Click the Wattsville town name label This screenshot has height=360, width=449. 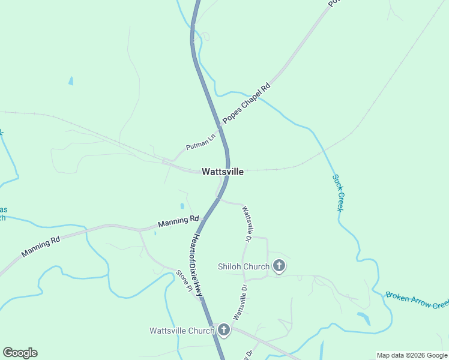point(223,172)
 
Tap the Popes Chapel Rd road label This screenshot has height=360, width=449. point(247,103)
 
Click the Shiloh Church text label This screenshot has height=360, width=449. point(244,265)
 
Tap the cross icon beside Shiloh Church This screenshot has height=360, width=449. point(279,265)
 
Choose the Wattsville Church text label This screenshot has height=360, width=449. point(181,331)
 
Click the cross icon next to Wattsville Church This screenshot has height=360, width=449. point(223,329)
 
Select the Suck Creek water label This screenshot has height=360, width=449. point(338,192)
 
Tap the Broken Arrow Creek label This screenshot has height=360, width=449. point(417,299)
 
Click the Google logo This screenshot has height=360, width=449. point(20,353)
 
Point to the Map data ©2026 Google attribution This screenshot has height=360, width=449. point(412,355)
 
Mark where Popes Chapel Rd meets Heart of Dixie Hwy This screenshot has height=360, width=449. point(220,127)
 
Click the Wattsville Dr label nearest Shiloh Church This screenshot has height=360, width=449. point(247,224)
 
